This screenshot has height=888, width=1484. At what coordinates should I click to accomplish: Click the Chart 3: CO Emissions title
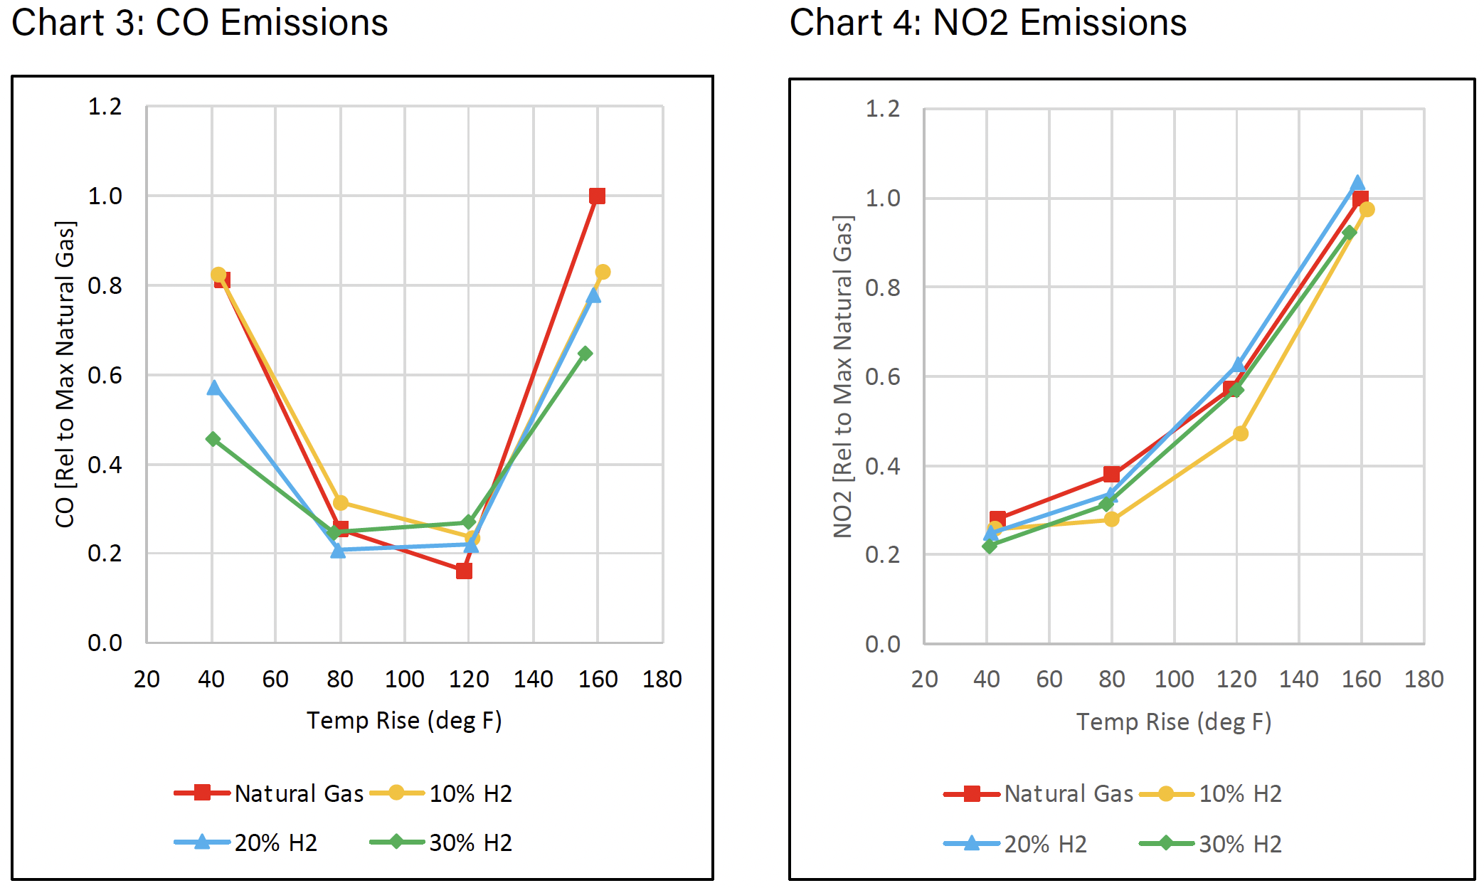199,23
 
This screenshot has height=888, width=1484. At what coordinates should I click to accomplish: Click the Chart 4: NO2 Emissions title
987,23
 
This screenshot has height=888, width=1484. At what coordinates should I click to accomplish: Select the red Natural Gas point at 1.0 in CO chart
597,196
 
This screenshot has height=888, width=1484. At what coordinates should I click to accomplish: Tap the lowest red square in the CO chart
464,571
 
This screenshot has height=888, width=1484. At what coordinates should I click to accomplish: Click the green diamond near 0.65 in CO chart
585,354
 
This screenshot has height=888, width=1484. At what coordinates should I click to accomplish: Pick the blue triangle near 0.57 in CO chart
213,388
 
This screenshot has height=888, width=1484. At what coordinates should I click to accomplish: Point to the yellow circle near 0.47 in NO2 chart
1240,433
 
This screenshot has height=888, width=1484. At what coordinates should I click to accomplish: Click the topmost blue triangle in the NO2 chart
1357,184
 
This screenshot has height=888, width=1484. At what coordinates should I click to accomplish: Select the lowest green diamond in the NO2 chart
989,546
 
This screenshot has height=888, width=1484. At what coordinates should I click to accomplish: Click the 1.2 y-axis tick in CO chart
105,107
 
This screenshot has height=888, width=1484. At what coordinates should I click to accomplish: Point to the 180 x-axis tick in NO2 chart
1424,679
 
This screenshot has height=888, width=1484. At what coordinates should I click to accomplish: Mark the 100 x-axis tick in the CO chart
404,679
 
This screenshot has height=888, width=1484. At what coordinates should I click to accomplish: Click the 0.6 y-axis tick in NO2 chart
882,376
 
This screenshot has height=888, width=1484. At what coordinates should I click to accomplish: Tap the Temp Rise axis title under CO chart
404,720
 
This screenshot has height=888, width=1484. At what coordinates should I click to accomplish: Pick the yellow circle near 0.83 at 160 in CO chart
603,272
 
